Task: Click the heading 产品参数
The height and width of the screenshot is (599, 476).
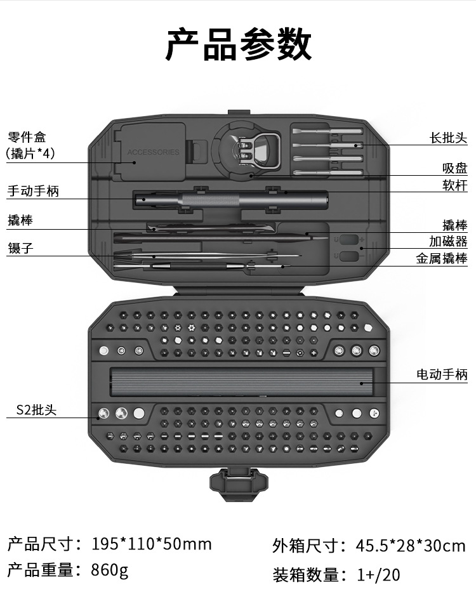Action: [x=239, y=44]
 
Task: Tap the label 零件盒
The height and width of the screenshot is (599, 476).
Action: [x=27, y=137]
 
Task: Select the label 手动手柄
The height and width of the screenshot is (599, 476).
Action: [x=33, y=190]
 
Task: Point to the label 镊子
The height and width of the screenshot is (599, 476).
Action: [x=21, y=248]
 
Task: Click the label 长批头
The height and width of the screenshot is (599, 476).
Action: [x=449, y=138]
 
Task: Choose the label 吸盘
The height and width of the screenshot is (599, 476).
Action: [x=455, y=168]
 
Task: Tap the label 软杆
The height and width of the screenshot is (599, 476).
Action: [x=455, y=185]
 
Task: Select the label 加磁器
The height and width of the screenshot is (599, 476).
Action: [x=449, y=241]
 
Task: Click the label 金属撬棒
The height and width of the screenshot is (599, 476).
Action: [x=442, y=258]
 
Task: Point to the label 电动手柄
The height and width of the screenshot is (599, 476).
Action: [x=442, y=374]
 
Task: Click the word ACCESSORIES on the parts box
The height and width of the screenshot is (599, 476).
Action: [x=153, y=152]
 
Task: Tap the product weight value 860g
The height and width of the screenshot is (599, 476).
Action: [x=110, y=570]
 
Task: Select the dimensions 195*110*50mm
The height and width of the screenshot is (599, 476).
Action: [x=152, y=544]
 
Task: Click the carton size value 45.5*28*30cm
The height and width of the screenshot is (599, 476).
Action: [x=411, y=546]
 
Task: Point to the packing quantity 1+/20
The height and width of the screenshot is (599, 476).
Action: [x=379, y=574]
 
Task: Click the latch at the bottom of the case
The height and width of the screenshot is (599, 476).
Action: [x=239, y=484]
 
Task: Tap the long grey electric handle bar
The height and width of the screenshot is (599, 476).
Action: [x=241, y=381]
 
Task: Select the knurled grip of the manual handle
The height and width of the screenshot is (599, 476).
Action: [x=211, y=200]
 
